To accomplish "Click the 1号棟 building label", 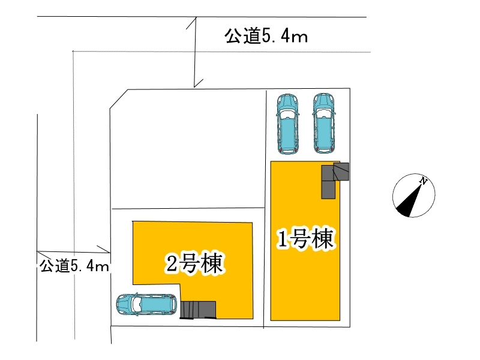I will [304, 240].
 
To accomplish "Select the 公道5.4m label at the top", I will [266, 37].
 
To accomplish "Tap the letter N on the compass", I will [424, 181].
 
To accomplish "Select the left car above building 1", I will [287, 124].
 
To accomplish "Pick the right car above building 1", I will [323, 124].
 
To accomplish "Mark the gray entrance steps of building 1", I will [334, 179].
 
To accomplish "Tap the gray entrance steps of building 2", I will [198, 308].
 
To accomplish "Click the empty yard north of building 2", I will [186, 150].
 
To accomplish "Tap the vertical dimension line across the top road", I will [194, 51].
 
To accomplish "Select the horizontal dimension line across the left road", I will [72, 251].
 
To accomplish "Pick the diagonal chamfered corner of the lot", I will [118, 100].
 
